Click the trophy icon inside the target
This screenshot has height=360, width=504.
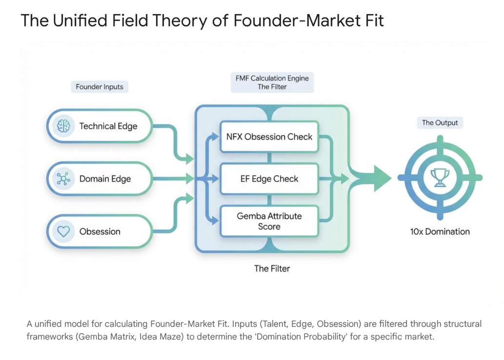[x=440, y=178]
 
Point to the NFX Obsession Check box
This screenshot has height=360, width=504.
[x=269, y=137]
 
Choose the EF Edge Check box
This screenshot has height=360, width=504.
[x=269, y=179]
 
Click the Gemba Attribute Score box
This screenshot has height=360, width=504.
[x=269, y=221]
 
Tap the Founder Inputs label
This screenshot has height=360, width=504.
[x=100, y=87]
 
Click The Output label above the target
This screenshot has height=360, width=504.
[x=440, y=122]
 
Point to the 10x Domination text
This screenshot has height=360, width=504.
[x=440, y=231]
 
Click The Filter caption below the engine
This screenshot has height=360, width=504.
[x=272, y=268]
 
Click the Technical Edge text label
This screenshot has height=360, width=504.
[x=108, y=126]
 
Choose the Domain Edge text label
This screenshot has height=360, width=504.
[x=105, y=179]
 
